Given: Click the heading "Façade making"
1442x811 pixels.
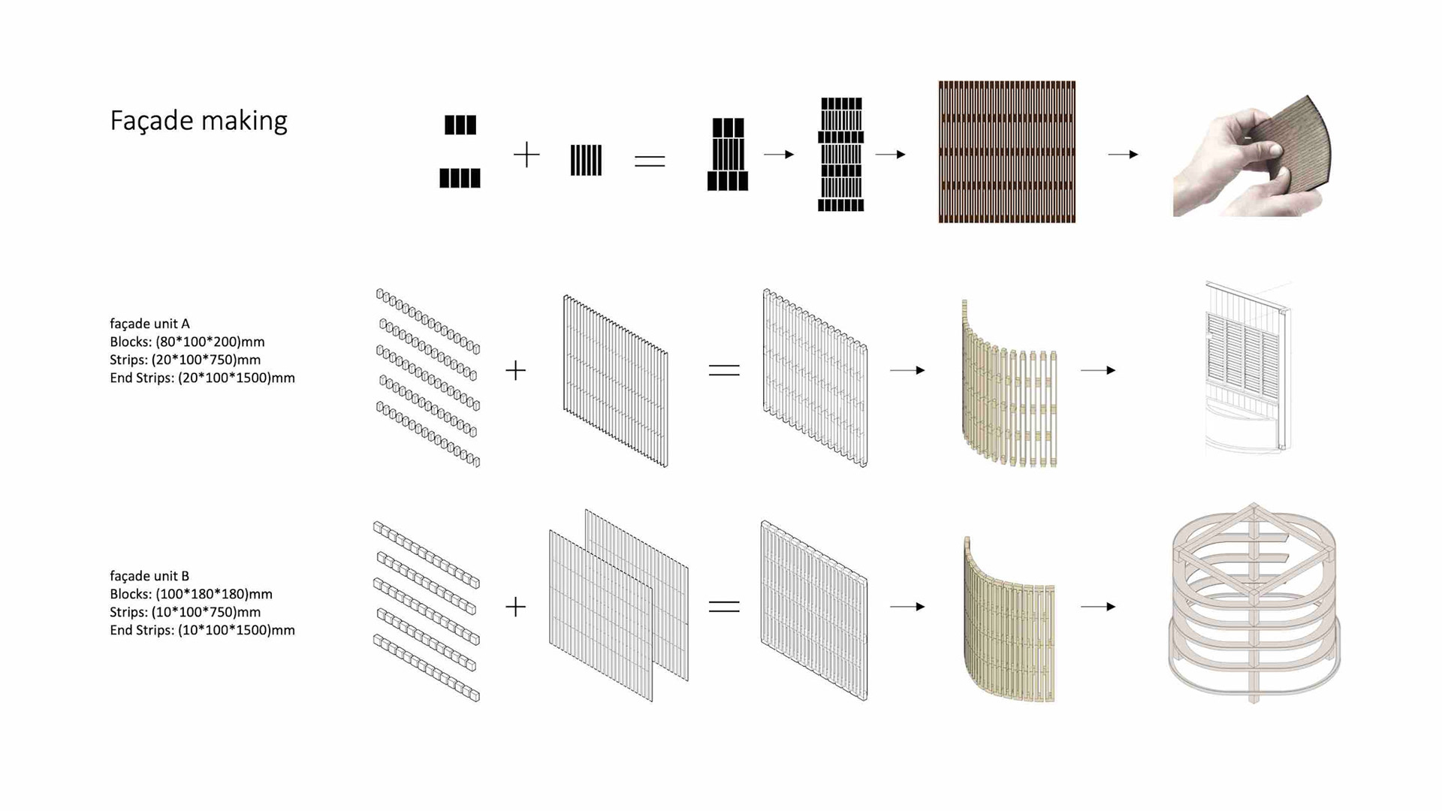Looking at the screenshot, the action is (198, 120).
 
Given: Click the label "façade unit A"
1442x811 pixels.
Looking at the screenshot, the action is (149, 324).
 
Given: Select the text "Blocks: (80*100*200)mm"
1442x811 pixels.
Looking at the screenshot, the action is (187, 342).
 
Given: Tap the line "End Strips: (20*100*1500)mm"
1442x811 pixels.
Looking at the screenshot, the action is (202, 378).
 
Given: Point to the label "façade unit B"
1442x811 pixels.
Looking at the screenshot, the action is (149, 576).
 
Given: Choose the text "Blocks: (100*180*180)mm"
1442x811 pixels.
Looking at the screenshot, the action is (191, 594).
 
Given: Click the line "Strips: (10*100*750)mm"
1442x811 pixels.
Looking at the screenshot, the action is (185, 612).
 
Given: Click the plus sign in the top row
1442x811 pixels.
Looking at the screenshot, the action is (526, 155).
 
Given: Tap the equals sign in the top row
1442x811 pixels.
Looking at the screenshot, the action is (650, 161).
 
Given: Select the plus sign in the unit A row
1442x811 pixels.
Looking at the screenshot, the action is (516, 370).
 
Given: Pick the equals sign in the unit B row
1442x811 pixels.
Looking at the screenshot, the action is (724, 607).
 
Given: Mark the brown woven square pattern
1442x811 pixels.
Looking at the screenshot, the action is (1006, 152).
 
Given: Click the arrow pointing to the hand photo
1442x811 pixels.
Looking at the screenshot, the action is (1123, 155).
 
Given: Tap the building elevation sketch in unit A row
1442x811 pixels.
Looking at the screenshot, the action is (1247, 368).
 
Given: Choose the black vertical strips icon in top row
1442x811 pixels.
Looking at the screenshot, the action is (586, 160).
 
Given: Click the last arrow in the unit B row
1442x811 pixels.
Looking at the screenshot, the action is (1098, 607).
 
